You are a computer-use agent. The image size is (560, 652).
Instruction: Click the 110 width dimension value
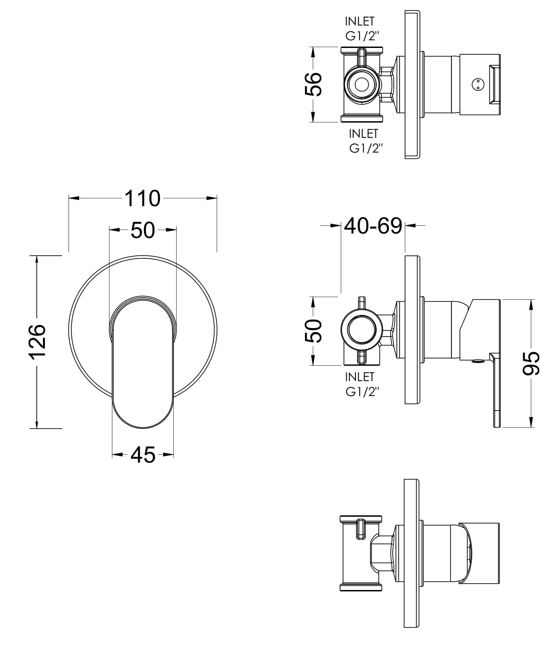[142, 198]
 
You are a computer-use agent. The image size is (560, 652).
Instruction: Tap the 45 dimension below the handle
[143, 455]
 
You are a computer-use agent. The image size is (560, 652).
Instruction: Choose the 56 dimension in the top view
[313, 84]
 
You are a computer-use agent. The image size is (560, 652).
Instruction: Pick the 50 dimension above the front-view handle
[143, 230]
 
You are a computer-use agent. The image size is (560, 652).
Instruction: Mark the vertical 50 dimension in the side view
[313, 331]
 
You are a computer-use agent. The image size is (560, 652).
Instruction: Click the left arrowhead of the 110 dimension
[72, 198]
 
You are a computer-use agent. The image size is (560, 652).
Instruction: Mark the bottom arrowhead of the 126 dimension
[37, 425]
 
